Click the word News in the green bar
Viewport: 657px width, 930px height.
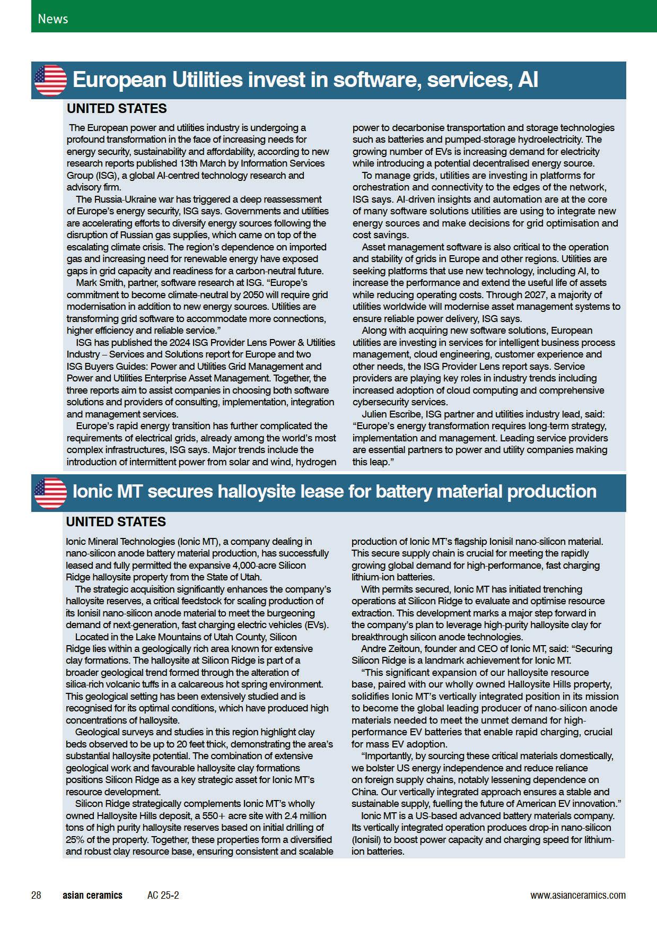click(x=52, y=19)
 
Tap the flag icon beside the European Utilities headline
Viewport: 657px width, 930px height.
click(x=50, y=81)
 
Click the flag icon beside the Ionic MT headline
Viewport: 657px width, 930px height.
click(x=50, y=493)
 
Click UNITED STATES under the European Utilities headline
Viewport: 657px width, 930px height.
click(x=117, y=109)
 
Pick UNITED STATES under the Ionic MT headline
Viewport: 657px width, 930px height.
click(x=116, y=522)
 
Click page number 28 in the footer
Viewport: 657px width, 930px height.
click(x=36, y=895)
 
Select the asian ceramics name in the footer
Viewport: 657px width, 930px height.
click(x=92, y=895)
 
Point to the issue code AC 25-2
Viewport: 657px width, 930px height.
click(x=163, y=895)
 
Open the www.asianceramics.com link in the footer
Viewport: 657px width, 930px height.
click(x=577, y=895)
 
